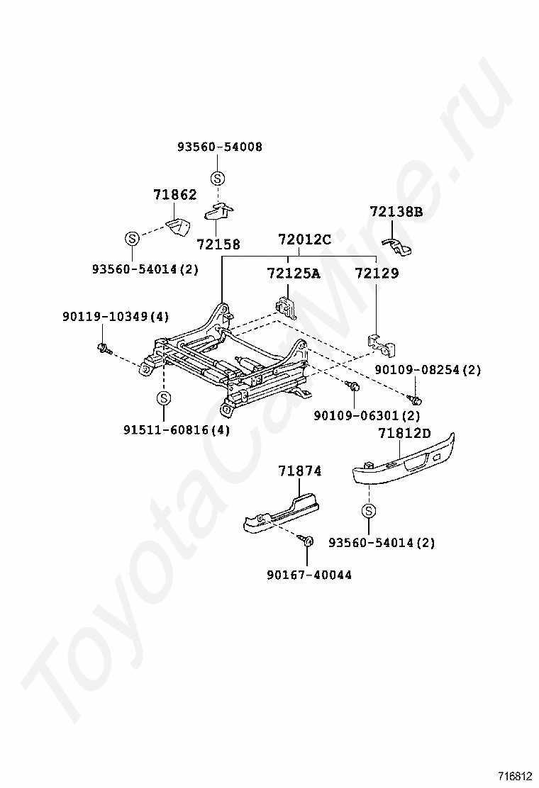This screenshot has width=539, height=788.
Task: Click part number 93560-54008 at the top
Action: [x=219, y=147]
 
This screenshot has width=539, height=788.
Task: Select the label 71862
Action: [x=175, y=195]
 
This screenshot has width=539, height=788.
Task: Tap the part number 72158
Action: [x=218, y=244]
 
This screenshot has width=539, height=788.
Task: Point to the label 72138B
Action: [x=396, y=211]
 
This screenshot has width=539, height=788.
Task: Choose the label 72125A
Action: [x=293, y=274]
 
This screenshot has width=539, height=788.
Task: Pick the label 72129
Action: [x=377, y=274]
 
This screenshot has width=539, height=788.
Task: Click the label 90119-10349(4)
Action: [x=116, y=317]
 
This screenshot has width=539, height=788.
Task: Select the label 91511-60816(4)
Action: [x=176, y=430]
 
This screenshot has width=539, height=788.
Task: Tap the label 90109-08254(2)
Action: [x=428, y=370]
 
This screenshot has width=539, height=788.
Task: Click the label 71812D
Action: [x=404, y=433]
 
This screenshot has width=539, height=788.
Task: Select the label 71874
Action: [x=299, y=471]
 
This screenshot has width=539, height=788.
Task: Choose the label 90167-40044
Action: [x=309, y=575]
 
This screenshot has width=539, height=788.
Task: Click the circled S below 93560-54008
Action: [x=218, y=178]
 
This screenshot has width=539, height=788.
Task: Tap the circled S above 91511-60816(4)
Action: [x=163, y=398]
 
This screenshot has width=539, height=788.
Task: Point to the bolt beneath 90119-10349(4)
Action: [x=104, y=348]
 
